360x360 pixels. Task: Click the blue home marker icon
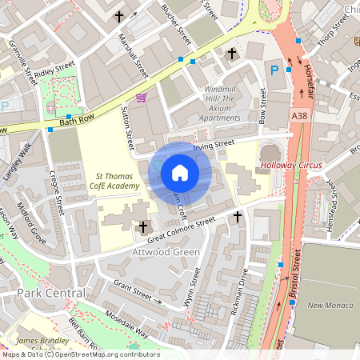[x=180, y=172]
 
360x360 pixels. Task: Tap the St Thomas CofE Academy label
[x=118, y=181]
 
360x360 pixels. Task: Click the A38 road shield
[x=299, y=116]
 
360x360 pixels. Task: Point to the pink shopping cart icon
[x=142, y=98]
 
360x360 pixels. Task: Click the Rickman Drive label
[x=239, y=294]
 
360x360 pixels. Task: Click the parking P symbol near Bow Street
[x=274, y=70]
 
